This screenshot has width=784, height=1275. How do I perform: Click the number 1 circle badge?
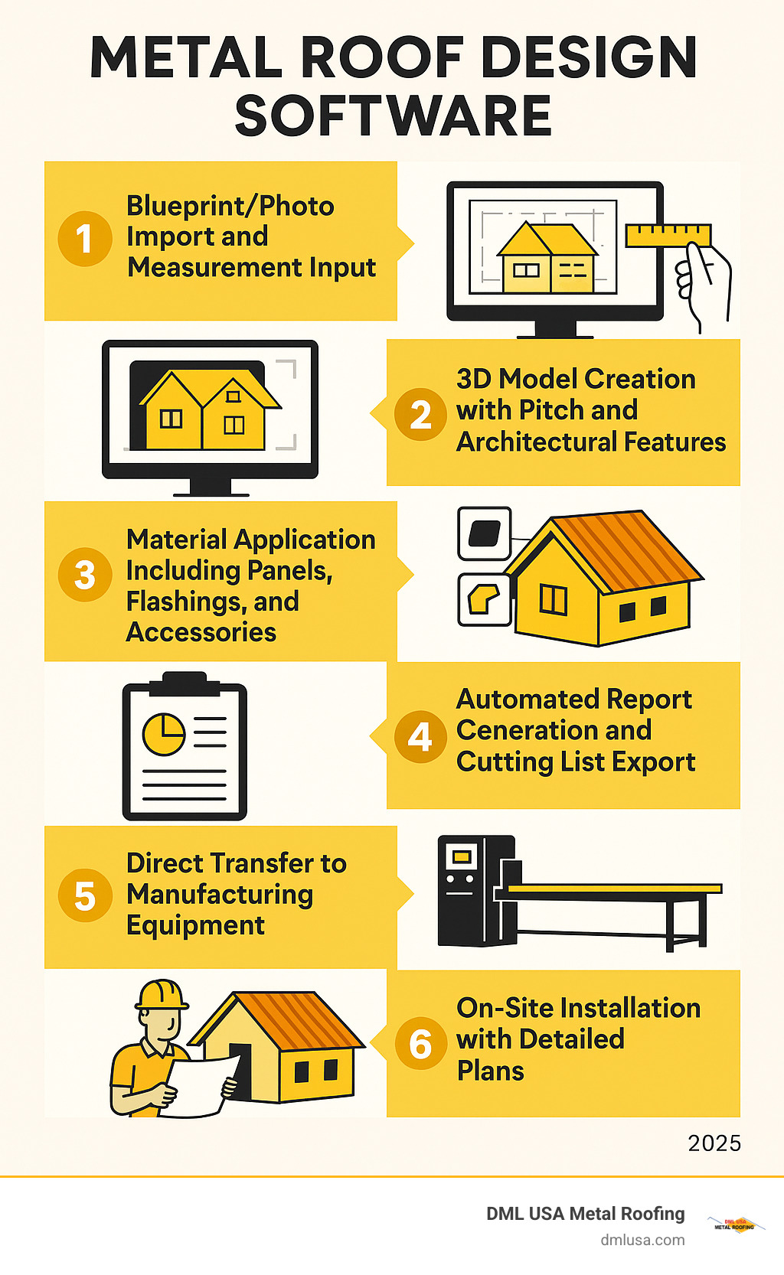85,239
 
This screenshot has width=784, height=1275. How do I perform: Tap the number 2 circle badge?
420,414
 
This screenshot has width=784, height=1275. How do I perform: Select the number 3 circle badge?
85,576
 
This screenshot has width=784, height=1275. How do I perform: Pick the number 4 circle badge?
420,737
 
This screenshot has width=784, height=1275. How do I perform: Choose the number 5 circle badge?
85,896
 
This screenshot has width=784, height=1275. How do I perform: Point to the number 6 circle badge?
420,1044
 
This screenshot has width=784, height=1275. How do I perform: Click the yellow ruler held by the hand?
668,235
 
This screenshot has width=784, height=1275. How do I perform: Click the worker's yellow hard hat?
162,994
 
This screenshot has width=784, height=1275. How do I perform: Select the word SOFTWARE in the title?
393,116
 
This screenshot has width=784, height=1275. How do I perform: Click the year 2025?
714,1143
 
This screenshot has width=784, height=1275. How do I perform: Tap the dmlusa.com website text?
642,1240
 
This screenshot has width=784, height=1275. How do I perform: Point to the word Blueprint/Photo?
230,206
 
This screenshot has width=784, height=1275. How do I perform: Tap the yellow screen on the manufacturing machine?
461,856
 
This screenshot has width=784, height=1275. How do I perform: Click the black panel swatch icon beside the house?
484,533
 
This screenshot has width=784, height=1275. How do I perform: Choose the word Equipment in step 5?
195,926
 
